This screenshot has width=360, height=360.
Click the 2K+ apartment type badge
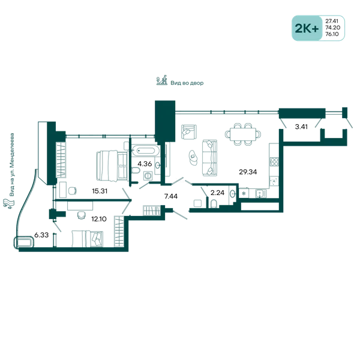[x=307, y=28]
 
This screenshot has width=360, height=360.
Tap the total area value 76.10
[x=332, y=34]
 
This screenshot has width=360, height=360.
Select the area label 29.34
[x=248, y=172]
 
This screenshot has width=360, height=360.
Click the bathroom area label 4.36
[x=145, y=164]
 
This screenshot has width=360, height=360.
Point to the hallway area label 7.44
[x=171, y=196]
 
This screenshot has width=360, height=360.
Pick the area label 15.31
[x=100, y=191]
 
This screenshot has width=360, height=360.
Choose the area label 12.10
[x=99, y=219]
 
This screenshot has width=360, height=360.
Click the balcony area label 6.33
[x=41, y=235]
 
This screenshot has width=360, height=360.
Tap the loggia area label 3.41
[x=301, y=127]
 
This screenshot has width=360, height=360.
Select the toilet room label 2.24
[x=217, y=193]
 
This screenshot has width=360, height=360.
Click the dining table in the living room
[x=243, y=134]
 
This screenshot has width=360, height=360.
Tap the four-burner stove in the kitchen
[x=274, y=161]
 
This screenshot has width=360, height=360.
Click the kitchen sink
[x=261, y=194]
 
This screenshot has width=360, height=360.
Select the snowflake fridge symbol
[x=244, y=194]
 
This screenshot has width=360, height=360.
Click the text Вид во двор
[x=187, y=83]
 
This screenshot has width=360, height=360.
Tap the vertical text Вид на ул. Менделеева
[x=12, y=165]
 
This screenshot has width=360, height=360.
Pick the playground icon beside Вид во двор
[x=162, y=80]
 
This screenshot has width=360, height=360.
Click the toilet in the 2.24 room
[x=214, y=203]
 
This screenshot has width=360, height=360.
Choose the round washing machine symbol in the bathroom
[x=148, y=176]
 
